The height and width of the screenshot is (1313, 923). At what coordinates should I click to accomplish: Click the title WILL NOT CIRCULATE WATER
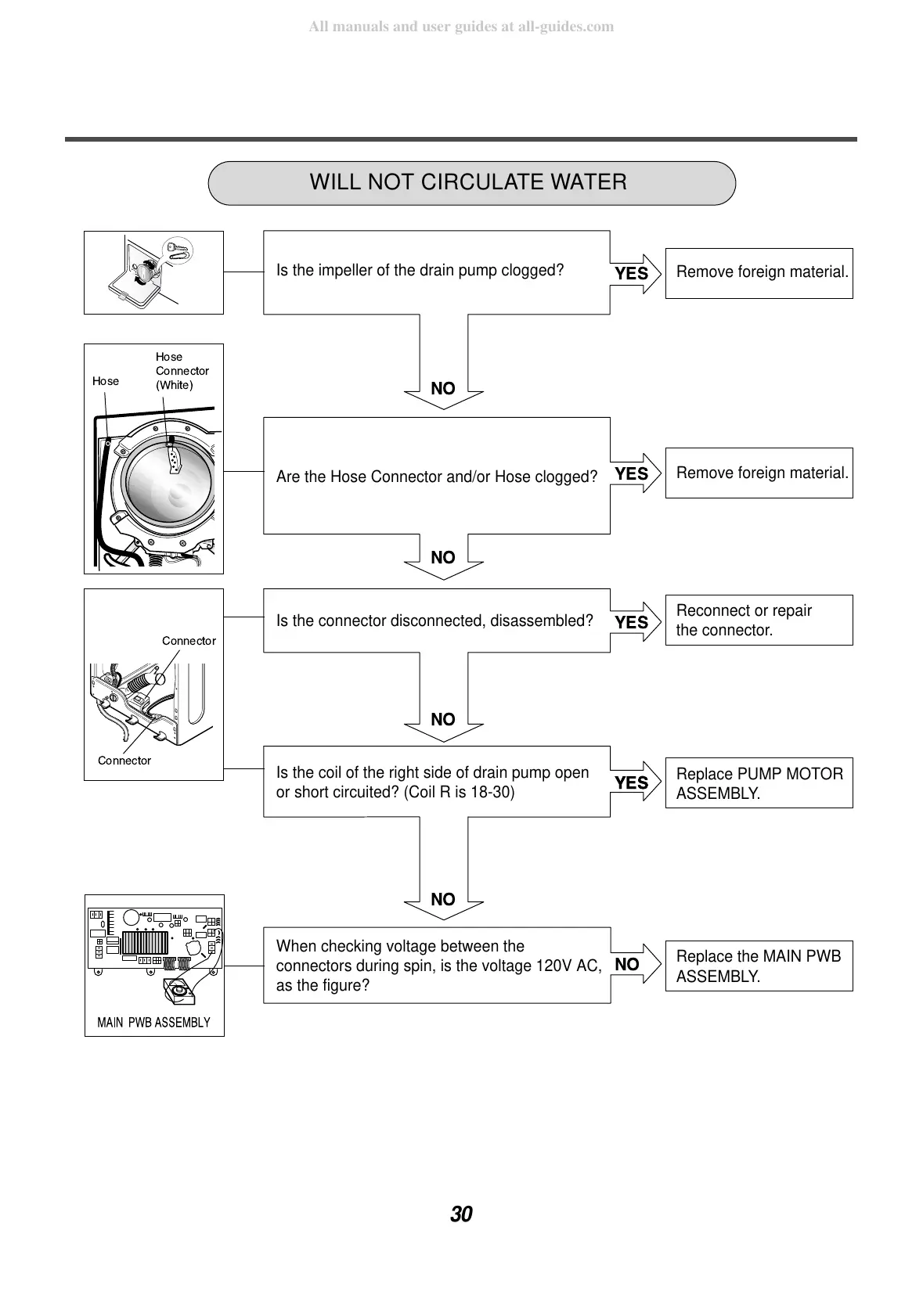click(x=468, y=182)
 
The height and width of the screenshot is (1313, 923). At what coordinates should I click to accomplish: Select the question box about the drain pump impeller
click(x=436, y=272)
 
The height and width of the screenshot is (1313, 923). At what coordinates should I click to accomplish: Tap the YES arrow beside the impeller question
click(x=635, y=273)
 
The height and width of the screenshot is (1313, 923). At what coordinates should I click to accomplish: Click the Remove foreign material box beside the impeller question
click(x=759, y=272)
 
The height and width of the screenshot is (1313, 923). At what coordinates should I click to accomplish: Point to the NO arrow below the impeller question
click(x=443, y=388)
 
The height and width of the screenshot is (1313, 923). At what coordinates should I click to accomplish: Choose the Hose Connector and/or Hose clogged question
click(x=436, y=476)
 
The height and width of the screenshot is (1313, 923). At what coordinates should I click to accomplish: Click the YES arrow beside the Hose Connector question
click(x=635, y=473)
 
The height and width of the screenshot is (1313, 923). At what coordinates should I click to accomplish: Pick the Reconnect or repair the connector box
click(x=759, y=621)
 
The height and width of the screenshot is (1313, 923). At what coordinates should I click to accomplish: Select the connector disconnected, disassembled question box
click(x=436, y=621)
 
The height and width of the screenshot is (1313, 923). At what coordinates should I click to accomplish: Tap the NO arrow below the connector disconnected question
click(x=443, y=719)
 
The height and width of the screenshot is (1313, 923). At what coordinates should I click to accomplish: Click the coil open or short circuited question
click(x=436, y=782)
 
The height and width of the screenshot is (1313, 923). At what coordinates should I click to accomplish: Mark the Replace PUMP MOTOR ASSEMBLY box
click(x=759, y=783)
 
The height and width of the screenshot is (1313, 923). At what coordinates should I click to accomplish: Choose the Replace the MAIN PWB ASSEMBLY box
click(x=759, y=966)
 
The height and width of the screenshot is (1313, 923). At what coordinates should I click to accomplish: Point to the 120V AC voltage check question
click(x=436, y=966)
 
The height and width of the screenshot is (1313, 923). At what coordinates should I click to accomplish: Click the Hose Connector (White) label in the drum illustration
click(x=182, y=371)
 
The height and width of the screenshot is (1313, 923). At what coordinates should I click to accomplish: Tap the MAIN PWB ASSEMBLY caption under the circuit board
click(x=153, y=1023)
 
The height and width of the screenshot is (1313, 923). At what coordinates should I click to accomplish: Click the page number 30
click(x=461, y=1214)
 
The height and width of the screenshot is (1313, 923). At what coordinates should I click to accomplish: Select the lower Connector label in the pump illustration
click(x=124, y=761)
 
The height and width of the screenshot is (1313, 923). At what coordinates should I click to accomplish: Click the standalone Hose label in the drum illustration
click(x=106, y=381)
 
